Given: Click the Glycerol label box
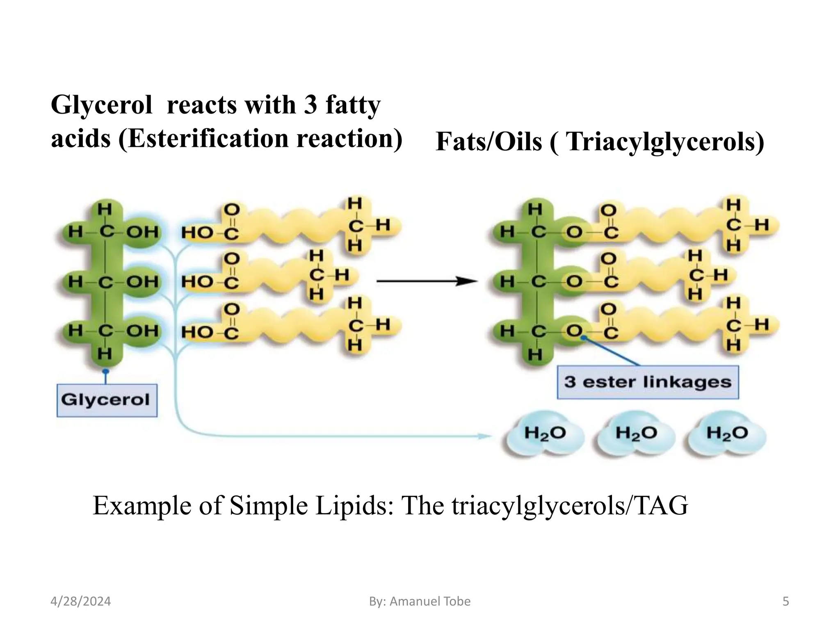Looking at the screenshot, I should coord(107,400).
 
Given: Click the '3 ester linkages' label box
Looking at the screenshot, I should coord(648,382).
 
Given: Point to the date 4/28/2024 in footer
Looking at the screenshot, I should coord(80,601).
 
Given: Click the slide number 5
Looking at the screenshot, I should coord(785,601).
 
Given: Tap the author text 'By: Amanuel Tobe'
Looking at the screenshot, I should coord(420,601).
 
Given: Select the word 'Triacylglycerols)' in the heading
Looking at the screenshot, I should coord(665,142).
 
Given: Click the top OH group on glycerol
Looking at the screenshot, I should coord(142,232).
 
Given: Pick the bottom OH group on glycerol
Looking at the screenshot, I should coord(142,331).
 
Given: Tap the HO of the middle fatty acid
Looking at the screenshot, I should coord(197,282).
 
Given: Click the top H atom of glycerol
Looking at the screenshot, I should coord(105,209).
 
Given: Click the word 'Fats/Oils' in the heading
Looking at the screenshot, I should coord(488,142).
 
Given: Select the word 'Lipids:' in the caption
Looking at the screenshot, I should coord(354,505).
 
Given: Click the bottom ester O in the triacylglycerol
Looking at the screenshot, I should coord(574,331).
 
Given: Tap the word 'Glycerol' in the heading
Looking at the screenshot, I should coord(101,105).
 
